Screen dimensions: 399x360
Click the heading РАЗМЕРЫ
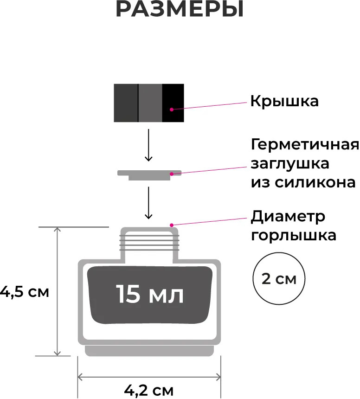pyautogui.click(x=180, y=10)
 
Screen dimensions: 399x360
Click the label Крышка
pyautogui.click(x=284, y=101)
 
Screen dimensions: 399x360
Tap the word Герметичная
pyautogui.click(x=305, y=145)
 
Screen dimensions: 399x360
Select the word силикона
pyautogui.click(x=317, y=182)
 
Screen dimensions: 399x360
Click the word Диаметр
pyautogui.click(x=288, y=217)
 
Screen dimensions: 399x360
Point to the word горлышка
pyautogui.click(x=293, y=235)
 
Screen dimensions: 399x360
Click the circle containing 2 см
pyautogui.click(x=278, y=279)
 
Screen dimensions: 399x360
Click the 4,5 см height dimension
pyautogui.click(x=24, y=292)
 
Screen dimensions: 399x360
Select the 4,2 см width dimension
pyautogui.click(x=149, y=390)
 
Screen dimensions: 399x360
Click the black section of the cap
pyautogui.click(x=173, y=103)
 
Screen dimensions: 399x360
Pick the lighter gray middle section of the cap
pyautogui.click(x=150, y=103)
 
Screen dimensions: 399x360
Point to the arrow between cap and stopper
pyautogui.click(x=148, y=145)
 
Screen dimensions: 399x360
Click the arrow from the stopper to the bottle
pyautogui.click(x=148, y=203)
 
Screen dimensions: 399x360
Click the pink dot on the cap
pyautogui.click(x=171, y=109)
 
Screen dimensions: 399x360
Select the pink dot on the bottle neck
pyautogui.click(x=172, y=225)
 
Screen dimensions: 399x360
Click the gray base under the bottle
pyautogui.click(x=149, y=350)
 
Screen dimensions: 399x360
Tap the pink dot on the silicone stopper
pyautogui.click(x=172, y=174)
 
